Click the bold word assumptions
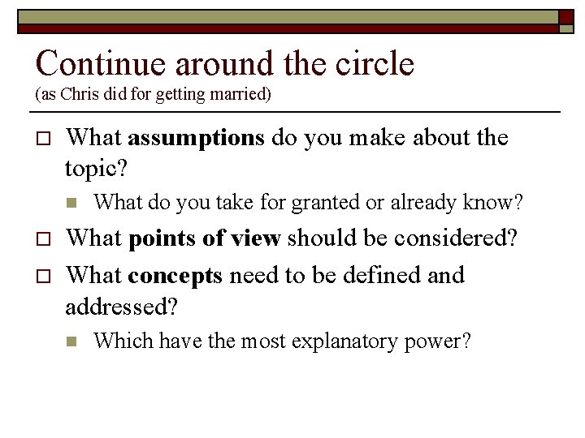coord(196,139)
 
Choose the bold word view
coord(257,239)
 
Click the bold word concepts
coord(175,277)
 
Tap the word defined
coord(382,275)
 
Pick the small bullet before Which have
coord(71,341)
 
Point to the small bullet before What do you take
coord(71,203)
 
